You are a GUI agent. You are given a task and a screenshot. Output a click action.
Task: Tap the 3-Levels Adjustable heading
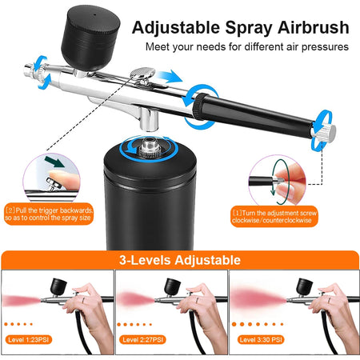179,260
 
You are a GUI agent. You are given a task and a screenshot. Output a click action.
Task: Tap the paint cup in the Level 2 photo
174,284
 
